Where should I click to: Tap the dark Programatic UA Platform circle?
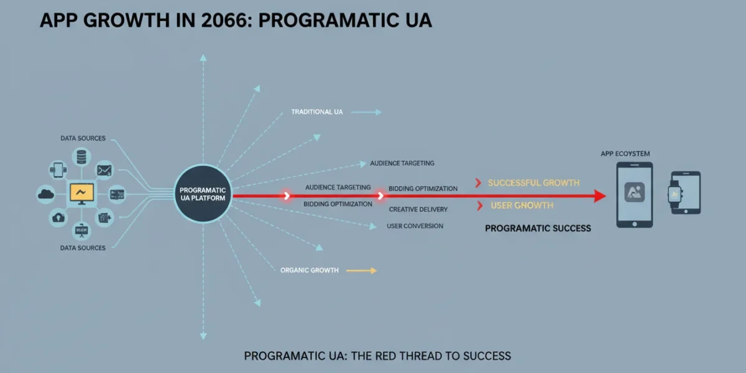[x=203, y=194]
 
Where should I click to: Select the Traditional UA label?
[x=317, y=112]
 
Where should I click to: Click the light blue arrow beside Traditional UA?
[x=366, y=113]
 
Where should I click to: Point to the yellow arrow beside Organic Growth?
[x=362, y=270]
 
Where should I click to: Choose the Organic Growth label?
[x=310, y=270]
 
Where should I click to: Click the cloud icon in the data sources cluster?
[x=46, y=194]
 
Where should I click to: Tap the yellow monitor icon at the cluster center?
[x=81, y=194]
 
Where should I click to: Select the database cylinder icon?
[x=81, y=157]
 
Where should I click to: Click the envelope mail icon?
[x=104, y=170]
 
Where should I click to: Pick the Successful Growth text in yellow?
[x=533, y=183]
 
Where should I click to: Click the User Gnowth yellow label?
[x=522, y=206]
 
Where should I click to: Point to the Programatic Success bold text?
[x=538, y=229]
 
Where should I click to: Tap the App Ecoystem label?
[x=625, y=154]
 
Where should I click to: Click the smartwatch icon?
[x=675, y=194]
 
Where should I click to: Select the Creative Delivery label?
[x=418, y=210]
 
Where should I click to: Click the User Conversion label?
[x=415, y=226]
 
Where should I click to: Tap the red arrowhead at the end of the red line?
[x=600, y=196]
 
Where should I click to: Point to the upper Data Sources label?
[x=83, y=138]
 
